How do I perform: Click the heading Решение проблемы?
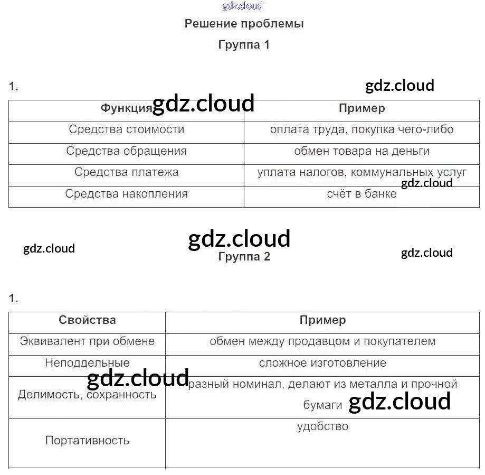pos(244,24)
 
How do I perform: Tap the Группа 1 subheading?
pos(244,45)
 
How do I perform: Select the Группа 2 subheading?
pos(244,257)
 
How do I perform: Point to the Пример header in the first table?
pos(362,108)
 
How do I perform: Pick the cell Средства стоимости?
pos(126,129)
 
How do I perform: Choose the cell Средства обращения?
pos(126,151)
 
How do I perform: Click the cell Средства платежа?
pos(126,172)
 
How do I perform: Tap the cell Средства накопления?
pos(126,194)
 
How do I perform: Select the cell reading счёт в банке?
pos(362,194)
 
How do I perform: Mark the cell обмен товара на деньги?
pos(362,151)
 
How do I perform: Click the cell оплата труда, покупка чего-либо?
pos(362,129)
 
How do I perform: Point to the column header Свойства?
pos(87,320)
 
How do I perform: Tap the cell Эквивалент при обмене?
pos(87,341)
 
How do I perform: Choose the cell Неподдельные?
pos(87,363)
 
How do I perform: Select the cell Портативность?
pos(87,441)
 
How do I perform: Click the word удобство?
pos(322,426)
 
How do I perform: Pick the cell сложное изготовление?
pos(322,363)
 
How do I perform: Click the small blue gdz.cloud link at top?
pos(242,6)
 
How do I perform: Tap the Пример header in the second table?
pos(322,320)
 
